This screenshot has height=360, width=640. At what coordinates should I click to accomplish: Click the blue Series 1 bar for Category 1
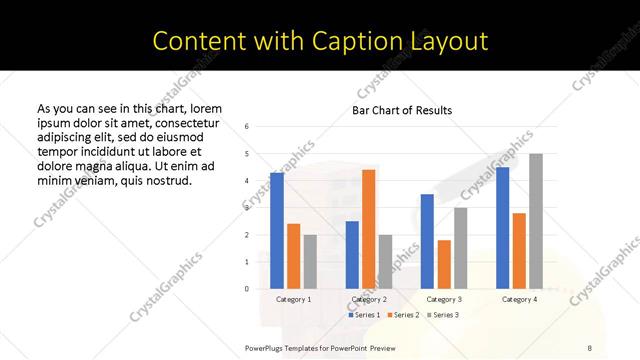tap(277, 231)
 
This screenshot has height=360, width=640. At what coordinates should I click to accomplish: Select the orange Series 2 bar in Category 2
tap(369, 229)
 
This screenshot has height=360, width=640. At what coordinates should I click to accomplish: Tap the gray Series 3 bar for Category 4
tap(536, 221)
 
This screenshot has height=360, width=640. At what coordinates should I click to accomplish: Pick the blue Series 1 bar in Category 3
tap(427, 241)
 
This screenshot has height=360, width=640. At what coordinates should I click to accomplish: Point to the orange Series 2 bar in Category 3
tap(444, 264)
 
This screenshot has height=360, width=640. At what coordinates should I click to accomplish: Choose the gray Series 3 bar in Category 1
tap(310, 262)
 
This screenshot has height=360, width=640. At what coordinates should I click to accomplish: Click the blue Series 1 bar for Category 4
tap(502, 228)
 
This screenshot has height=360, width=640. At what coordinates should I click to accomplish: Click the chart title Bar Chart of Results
tap(402, 110)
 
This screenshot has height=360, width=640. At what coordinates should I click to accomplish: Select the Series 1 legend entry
tap(363, 315)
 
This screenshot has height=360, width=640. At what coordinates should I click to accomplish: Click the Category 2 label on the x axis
tap(369, 299)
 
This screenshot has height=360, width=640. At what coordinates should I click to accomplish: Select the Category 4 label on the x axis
tap(519, 299)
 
